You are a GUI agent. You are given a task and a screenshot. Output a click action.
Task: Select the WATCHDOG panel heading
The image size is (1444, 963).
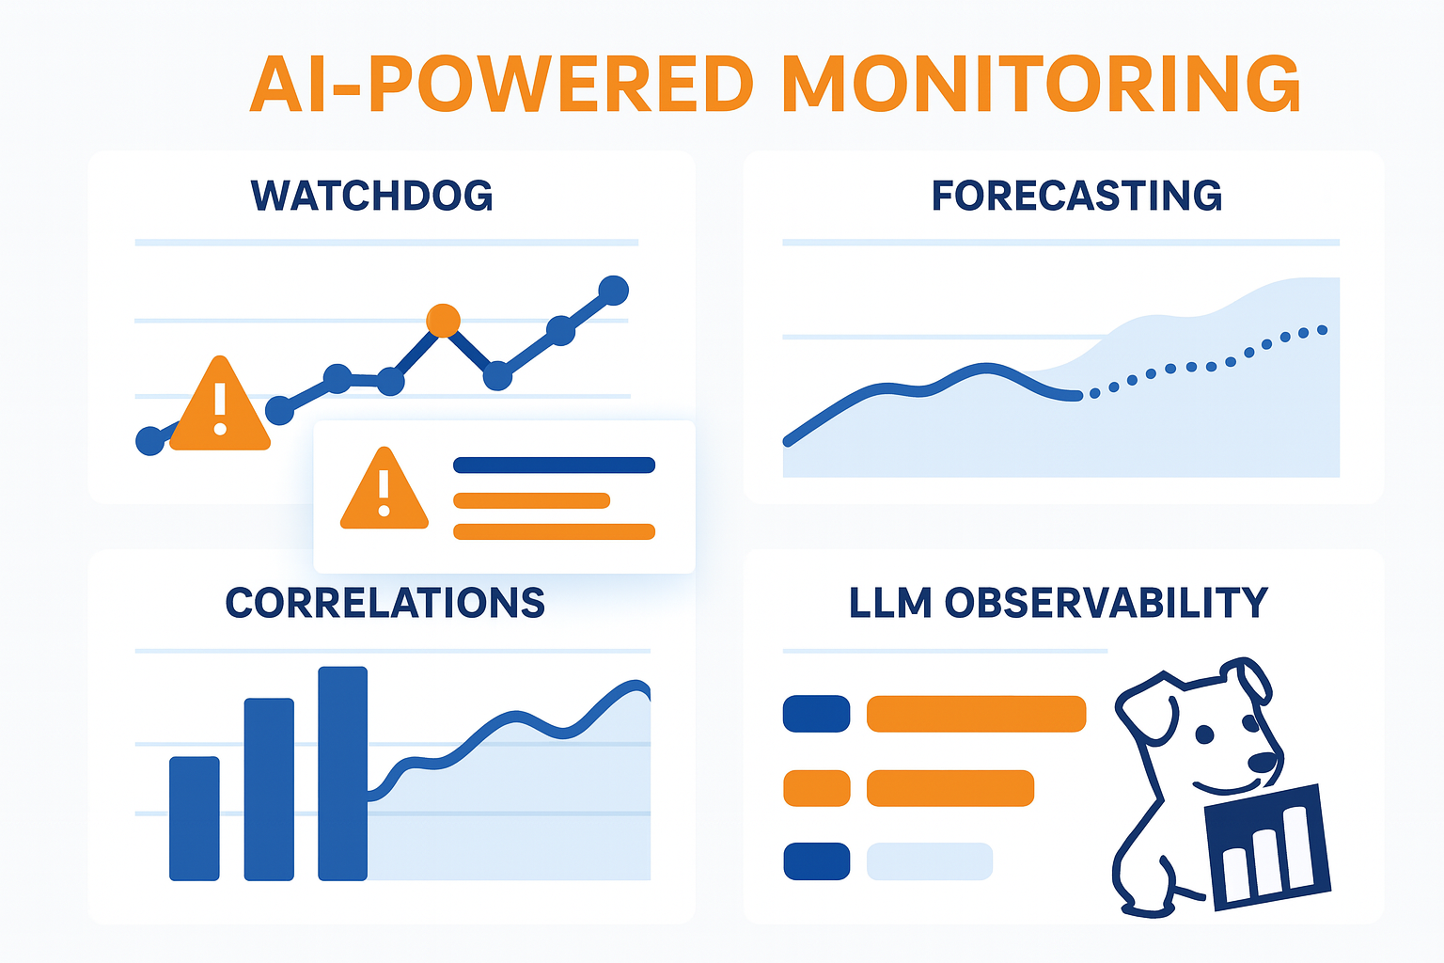tap(372, 196)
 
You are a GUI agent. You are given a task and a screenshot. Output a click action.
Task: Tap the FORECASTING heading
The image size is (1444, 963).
tap(1076, 196)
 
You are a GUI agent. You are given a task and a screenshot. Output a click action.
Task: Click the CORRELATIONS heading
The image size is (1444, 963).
tap(385, 603)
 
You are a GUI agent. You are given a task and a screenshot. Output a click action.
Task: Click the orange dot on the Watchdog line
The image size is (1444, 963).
tap(444, 321)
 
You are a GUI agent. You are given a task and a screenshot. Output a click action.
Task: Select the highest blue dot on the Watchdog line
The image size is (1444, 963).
tap(613, 291)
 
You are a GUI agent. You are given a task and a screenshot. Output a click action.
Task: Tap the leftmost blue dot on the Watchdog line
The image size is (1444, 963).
tap(150, 441)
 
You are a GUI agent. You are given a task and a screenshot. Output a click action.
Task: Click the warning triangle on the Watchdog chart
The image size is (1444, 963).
tap(220, 405)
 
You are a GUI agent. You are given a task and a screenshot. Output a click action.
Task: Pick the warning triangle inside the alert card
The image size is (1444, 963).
tap(385, 490)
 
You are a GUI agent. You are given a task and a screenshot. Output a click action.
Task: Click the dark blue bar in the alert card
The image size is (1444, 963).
tap(555, 466)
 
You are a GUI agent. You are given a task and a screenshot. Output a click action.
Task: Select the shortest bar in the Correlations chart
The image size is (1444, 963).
tap(194, 818)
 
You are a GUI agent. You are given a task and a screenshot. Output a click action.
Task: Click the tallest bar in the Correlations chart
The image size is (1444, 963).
tap(343, 773)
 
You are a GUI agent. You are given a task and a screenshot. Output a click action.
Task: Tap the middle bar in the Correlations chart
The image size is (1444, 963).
tap(269, 789)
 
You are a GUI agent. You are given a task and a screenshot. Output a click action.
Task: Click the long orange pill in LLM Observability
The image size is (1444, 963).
tap(976, 714)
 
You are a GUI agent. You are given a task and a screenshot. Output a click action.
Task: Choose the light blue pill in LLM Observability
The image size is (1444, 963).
tap(930, 861)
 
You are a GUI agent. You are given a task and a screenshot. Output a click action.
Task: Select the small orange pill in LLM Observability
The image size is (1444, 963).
tap(817, 788)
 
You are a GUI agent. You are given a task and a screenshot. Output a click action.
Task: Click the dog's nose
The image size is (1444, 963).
tap(1263, 763)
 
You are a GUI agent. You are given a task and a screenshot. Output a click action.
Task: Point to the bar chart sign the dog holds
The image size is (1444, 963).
tap(1268, 847)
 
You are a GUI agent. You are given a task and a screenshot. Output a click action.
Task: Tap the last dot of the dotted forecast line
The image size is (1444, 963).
tap(1322, 330)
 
